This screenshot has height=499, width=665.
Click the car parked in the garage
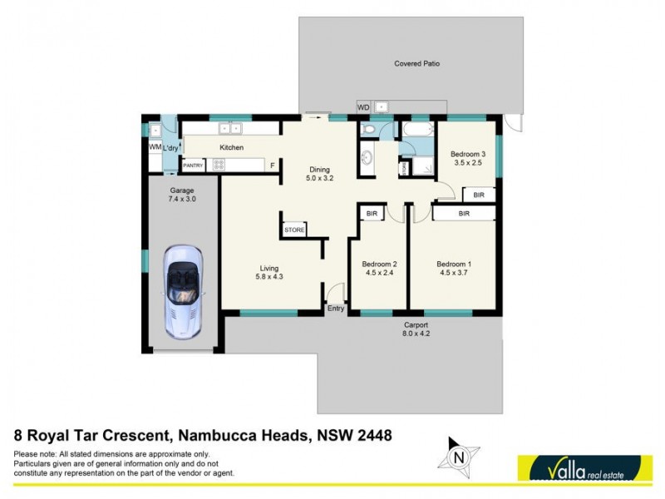pyautogui.click(x=181, y=290)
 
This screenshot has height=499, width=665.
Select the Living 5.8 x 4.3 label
pyautogui.click(x=268, y=273)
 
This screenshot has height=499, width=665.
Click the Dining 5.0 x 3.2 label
pyautogui.click(x=319, y=173)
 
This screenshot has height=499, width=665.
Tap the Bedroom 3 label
pyautogui.click(x=467, y=158)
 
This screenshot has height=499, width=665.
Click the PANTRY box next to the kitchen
pyautogui.click(x=193, y=165)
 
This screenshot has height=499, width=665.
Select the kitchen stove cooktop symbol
pyautogui.click(x=219, y=165)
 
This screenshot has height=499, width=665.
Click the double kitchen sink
pyautogui.click(x=229, y=129)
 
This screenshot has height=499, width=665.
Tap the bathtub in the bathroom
pyautogui.click(x=416, y=131)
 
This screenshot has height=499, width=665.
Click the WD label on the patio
pyautogui.click(x=363, y=107)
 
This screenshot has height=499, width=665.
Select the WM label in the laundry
pyautogui.click(x=154, y=147)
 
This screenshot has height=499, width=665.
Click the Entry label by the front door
pyautogui.click(x=336, y=309)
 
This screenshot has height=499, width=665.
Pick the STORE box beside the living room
pyautogui.click(x=294, y=230)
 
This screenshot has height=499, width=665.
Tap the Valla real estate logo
pyautogui.click(x=584, y=467)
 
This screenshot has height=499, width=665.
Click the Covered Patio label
pyautogui.click(x=416, y=63)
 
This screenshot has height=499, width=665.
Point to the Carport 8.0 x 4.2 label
pyautogui.click(x=416, y=329)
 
